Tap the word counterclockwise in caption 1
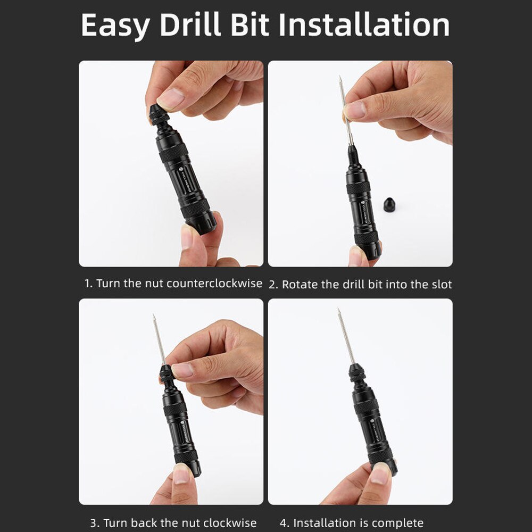(214, 284)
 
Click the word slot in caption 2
(441, 285)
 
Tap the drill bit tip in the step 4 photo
(338, 310)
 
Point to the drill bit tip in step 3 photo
(154, 316)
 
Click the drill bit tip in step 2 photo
(339, 78)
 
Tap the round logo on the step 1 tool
(179, 172)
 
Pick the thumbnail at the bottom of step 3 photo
(181, 473)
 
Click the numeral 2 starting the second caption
(272, 285)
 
